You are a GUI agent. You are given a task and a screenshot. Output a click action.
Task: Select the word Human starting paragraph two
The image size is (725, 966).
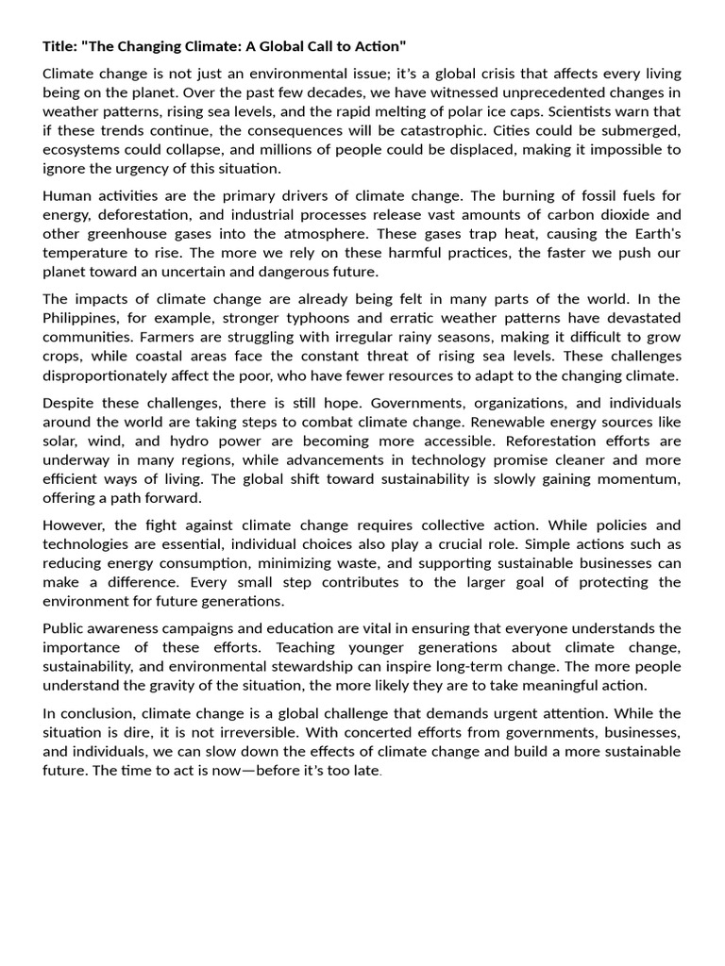(67, 196)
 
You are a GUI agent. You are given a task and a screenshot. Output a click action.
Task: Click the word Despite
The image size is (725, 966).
(69, 403)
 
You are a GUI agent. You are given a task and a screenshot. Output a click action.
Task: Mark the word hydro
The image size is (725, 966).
(197, 441)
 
